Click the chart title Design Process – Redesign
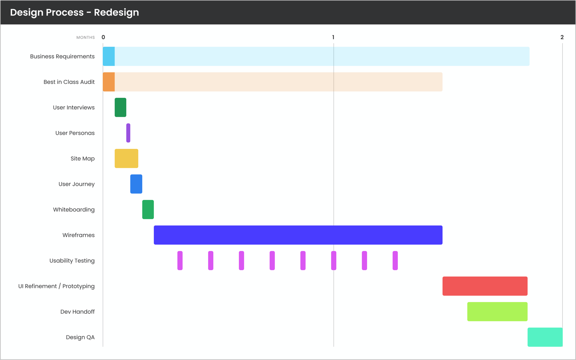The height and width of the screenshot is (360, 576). (75, 12)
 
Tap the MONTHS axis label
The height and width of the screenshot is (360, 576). (85, 38)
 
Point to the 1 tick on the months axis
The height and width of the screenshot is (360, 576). (333, 37)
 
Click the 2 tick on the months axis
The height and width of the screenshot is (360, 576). (562, 37)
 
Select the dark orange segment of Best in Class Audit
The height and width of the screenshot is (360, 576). (109, 82)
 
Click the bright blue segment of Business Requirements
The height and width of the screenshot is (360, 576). (109, 56)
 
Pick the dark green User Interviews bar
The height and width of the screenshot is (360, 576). (120, 107)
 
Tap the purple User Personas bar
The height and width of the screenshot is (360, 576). (128, 133)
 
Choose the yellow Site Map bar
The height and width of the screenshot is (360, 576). (127, 158)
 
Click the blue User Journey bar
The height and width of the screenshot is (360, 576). (136, 184)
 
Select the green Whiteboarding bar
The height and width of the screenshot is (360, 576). (148, 210)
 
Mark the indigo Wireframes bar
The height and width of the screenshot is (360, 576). (298, 235)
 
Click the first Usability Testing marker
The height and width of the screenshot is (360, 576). (180, 261)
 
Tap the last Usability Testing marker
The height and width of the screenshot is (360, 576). (395, 261)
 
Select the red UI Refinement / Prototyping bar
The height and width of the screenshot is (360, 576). (485, 286)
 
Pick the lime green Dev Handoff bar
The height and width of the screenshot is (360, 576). (497, 312)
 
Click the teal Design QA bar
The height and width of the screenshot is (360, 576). (545, 337)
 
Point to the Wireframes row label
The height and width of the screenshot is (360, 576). (78, 235)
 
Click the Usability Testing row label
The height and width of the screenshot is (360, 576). (72, 261)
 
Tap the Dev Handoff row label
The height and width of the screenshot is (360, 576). (77, 312)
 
